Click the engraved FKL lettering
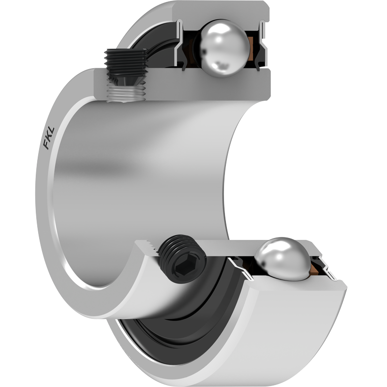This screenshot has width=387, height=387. pos(49,138)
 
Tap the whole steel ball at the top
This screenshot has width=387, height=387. pos(224,48)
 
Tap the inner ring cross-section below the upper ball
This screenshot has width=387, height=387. pos(183,85)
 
